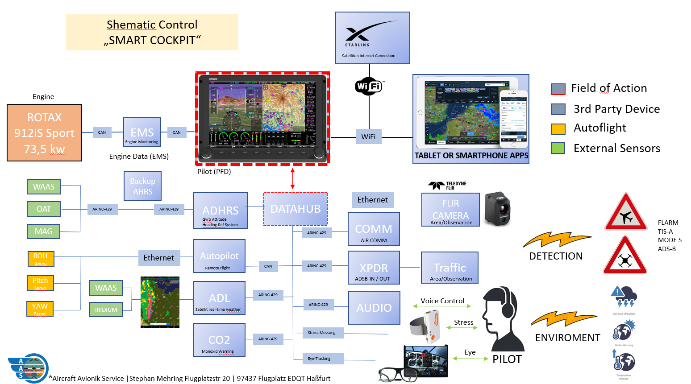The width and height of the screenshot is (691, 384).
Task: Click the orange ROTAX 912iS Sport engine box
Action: click(x=44, y=132)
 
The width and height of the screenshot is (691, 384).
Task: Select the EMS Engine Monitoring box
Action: click(x=142, y=132)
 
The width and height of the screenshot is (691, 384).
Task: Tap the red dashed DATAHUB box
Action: click(x=296, y=209)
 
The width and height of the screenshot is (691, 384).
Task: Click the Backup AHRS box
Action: click(x=142, y=186)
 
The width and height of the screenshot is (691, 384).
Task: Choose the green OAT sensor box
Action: click(x=43, y=209)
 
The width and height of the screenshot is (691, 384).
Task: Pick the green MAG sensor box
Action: click(x=43, y=231)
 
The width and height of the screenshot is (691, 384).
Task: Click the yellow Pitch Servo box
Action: click(x=40, y=283)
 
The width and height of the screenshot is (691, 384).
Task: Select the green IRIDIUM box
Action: click(x=106, y=310)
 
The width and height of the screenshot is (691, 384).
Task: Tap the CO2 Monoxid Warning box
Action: click(x=219, y=340)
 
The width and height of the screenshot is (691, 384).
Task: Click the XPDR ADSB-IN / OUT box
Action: click(x=374, y=268)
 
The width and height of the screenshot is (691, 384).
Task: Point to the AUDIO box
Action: click(x=374, y=308)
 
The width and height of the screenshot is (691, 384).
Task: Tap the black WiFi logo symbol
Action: click(x=369, y=86)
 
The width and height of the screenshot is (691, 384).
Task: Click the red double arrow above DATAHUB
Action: click(x=293, y=178)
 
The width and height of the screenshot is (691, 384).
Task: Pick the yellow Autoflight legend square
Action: click(x=558, y=129)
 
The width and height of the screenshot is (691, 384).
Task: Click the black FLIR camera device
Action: click(x=497, y=209)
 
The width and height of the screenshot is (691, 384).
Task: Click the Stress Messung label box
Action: click(x=321, y=333)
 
